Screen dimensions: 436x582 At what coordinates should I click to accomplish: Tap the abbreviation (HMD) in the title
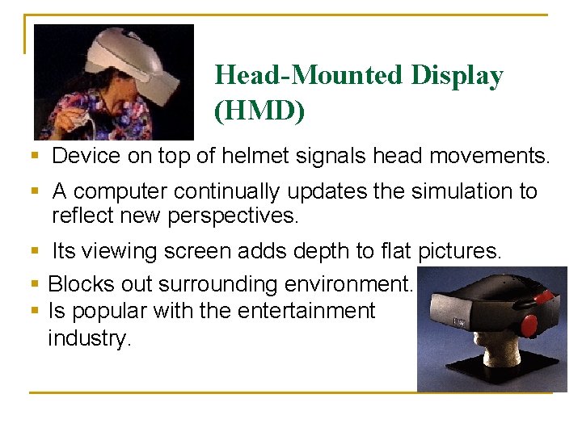(x=259, y=111)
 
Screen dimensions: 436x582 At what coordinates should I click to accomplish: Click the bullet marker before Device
(x=34, y=156)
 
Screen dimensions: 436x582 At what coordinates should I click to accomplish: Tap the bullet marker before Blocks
(x=34, y=284)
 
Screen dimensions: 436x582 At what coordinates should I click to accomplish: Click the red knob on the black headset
(x=528, y=326)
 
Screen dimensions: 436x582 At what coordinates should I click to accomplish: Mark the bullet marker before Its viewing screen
(x=34, y=252)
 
